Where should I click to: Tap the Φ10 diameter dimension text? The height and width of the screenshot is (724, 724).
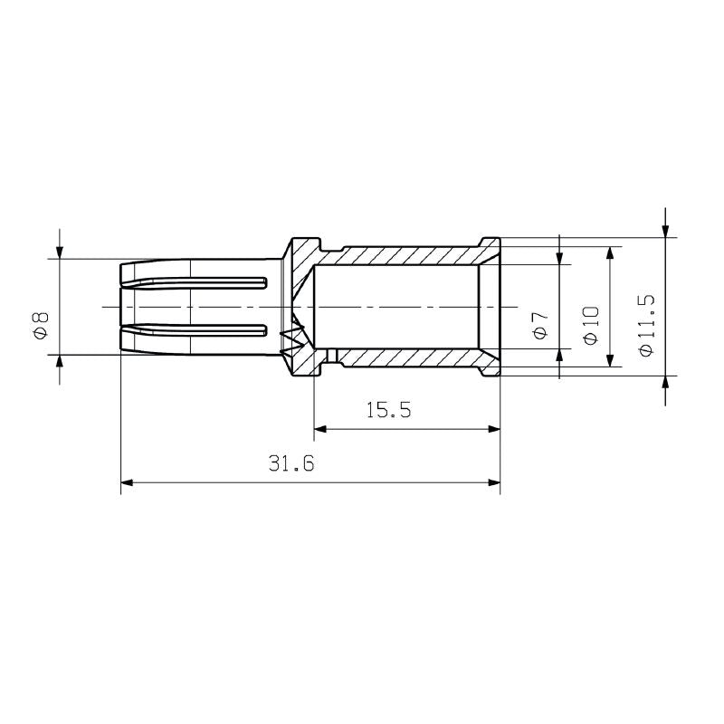pos(591,324)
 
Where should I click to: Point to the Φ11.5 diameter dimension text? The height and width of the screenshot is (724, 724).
pos(645,324)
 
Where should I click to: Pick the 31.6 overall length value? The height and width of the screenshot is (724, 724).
pos(291,464)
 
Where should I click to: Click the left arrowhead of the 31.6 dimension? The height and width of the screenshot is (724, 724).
pos(128,483)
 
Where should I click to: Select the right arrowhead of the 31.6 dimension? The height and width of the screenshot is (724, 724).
pos(493,483)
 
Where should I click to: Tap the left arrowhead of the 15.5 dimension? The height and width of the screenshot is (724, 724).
pos(320,429)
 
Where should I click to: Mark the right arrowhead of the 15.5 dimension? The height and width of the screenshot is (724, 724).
pos(493,429)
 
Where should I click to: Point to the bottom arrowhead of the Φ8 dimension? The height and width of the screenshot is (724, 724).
pos(60,361)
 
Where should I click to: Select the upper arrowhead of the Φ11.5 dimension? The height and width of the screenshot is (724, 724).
pos(665,231)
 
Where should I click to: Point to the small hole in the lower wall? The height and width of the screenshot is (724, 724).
pos(332,355)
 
